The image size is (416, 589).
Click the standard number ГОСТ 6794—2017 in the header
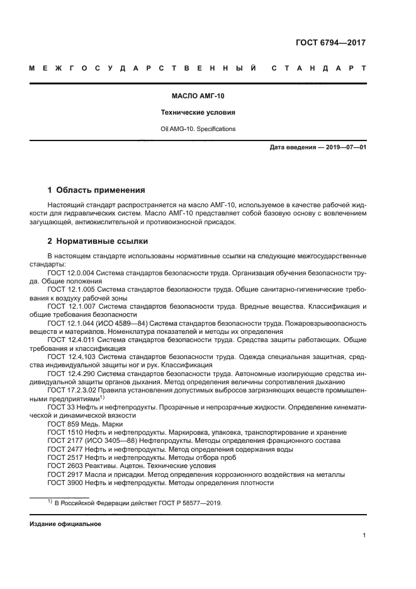click(x=330, y=43)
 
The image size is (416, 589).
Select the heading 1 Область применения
click(x=96, y=190)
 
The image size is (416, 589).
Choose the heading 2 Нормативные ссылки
click(x=98, y=241)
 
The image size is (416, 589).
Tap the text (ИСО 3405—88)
click(x=115, y=440)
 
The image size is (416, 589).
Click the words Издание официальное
click(x=65, y=524)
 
